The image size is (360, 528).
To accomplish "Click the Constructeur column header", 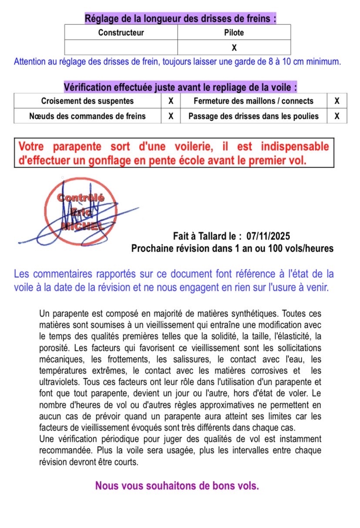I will pyautogui.click(x=121, y=33).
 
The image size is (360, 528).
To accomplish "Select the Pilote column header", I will pyautogui.click(x=234, y=33).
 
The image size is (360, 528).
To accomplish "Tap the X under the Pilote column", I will pyautogui.click(x=234, y=47).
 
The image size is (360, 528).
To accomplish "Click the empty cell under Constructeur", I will pyautogui.click(x=121, y=47).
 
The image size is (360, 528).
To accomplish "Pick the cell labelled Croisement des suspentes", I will pyautogui.click(x=87, y=101).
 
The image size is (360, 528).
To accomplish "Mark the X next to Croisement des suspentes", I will pyautogui.click(x=171, y=101).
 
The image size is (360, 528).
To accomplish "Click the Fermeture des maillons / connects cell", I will pyautogui.click(x=253, y=101).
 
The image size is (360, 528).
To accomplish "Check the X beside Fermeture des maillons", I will pyautogui.click(x=336, y=101).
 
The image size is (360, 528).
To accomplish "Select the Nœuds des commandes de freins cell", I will pyautogui.click(x=87, y=116).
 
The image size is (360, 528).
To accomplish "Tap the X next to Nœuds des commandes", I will pyautogui.click(x=171, y=116).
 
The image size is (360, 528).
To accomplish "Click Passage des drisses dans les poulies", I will pyautogui.click(x=253, y=116).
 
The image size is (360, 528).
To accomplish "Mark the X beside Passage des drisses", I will pyautogui.click(x=336, y=116).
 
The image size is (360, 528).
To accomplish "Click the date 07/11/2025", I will pyautogui.click(x=268, y=236).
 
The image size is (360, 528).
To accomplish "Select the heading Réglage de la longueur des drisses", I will pyautogui.click(x=180, y=19).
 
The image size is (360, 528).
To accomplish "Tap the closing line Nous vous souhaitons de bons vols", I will pyautogui.click(x=177, y=485).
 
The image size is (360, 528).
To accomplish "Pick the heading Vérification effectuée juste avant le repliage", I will pyautogui.click(x=180, y=87).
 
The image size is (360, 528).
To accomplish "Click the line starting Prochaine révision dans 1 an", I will pyautogui.click(x=232, y=249).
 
